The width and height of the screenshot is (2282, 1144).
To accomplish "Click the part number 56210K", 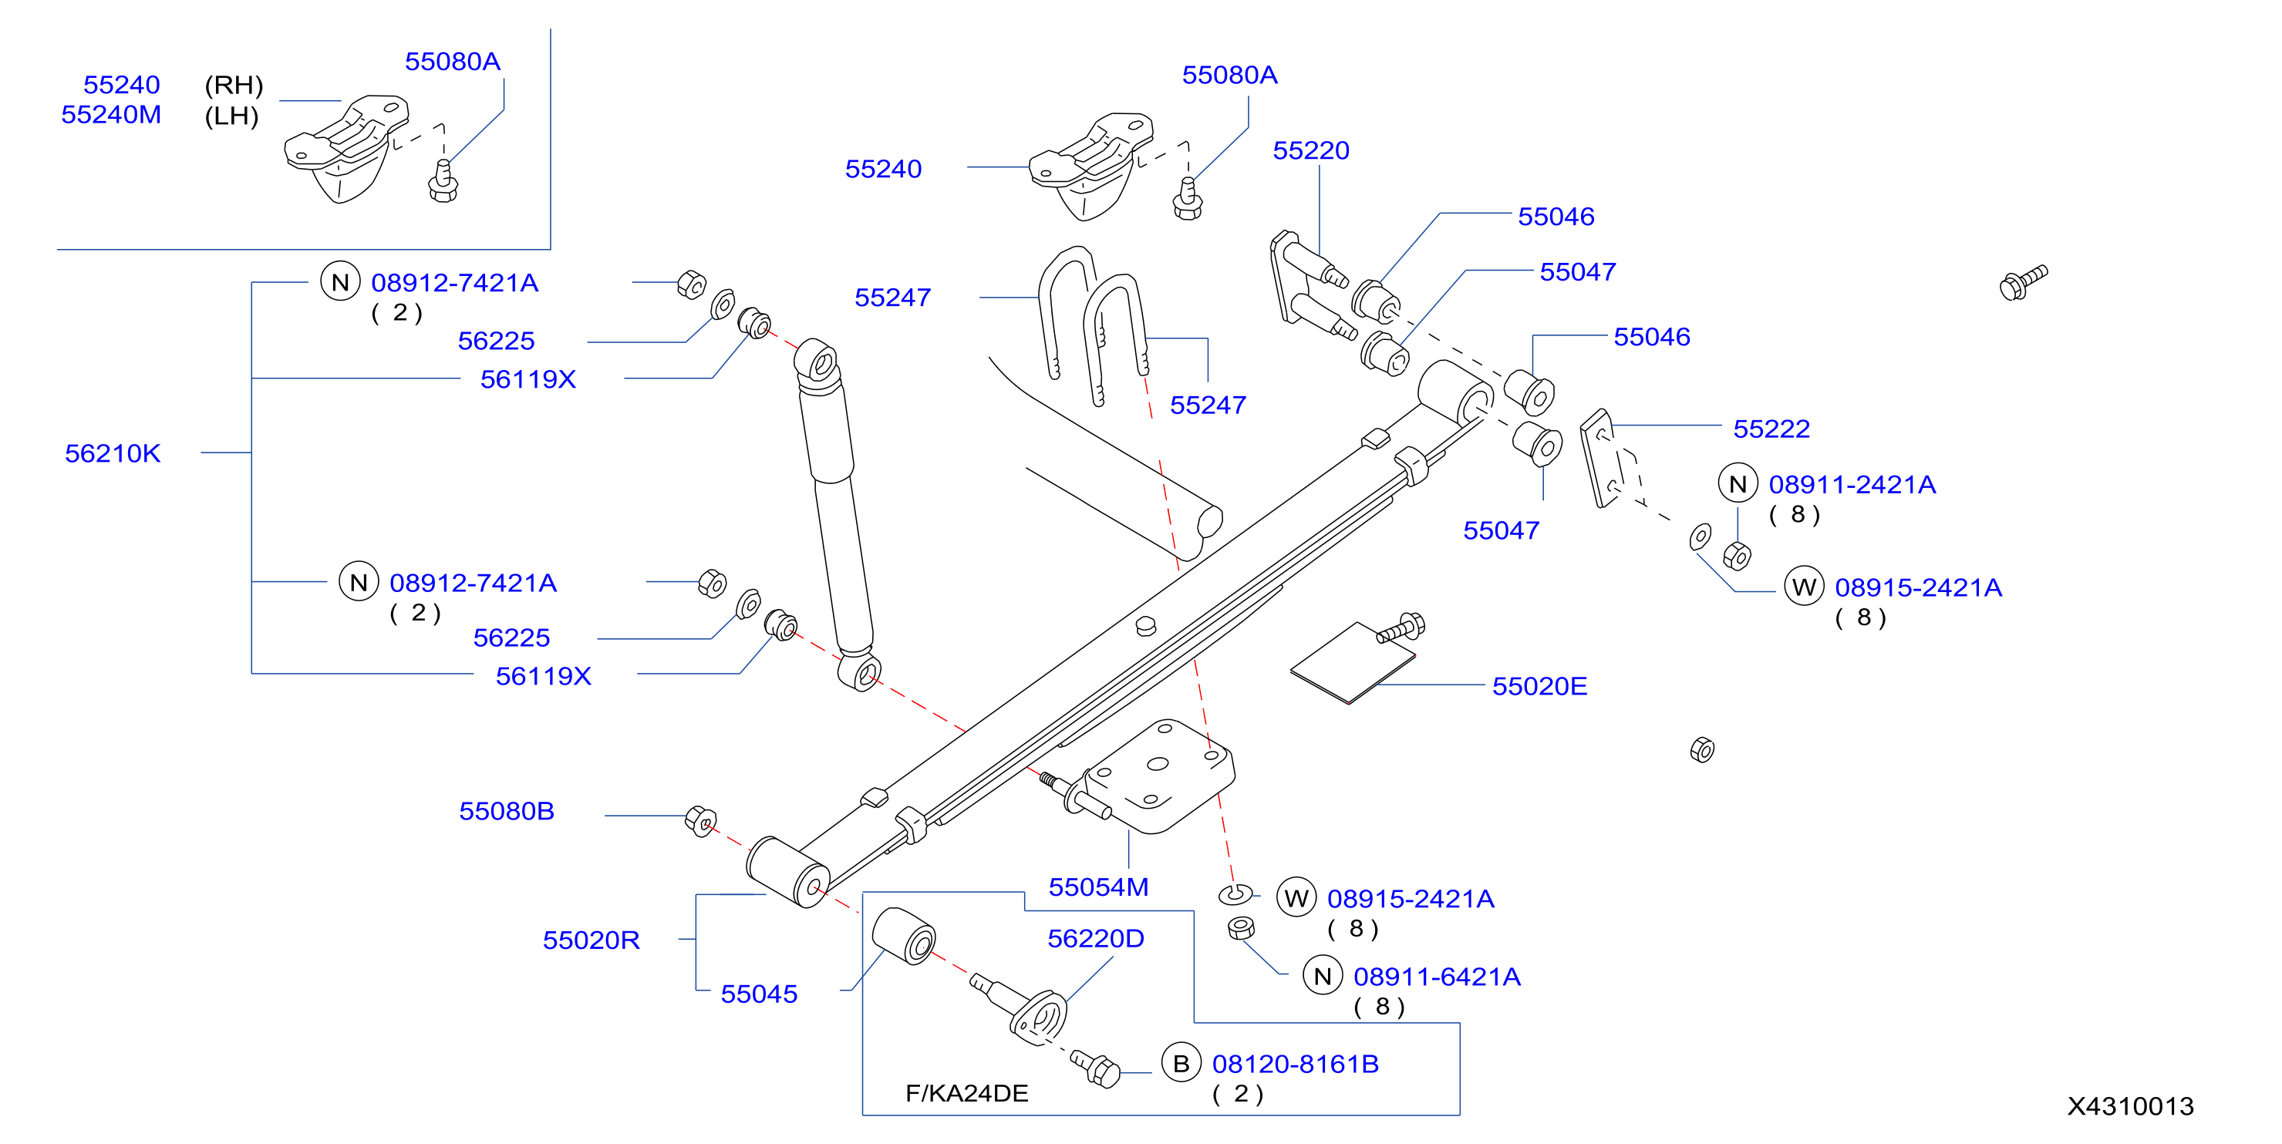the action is click(113, 453).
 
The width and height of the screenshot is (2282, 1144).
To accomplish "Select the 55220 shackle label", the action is click(1311, 150).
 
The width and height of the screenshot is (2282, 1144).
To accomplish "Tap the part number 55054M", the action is click(1098, 887).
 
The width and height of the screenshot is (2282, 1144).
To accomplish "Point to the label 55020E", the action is click(1539, 686).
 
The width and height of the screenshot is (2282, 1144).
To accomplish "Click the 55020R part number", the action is click(591, 940).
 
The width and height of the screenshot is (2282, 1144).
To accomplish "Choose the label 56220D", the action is click(1096, 939).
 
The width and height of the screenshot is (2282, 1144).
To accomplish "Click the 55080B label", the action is click(507, 811).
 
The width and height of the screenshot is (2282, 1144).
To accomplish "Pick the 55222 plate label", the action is click(1771, 429).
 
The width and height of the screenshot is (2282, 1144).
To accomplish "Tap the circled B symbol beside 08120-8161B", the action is click(1181, 1063).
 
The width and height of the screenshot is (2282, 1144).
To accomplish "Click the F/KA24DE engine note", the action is click(966, 1094).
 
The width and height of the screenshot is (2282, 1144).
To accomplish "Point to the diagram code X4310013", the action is click(2131, 1107).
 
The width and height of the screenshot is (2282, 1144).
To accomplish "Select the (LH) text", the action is click(232, 116).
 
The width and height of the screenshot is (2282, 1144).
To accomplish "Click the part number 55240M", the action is click(112, 115).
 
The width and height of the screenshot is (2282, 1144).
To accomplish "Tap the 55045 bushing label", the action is click(759, 994).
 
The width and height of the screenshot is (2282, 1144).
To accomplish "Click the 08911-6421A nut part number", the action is click(1437, 977).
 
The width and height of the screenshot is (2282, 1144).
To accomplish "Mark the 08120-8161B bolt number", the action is click(1295, 1065).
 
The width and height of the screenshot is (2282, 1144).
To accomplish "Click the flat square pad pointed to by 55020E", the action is click(1353, 663).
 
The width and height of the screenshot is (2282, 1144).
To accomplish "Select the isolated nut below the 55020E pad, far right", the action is click(1702, 750).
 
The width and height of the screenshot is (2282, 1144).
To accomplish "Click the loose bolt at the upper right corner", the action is click(2024, 282).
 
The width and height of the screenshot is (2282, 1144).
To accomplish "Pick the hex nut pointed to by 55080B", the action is click(701, 822).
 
